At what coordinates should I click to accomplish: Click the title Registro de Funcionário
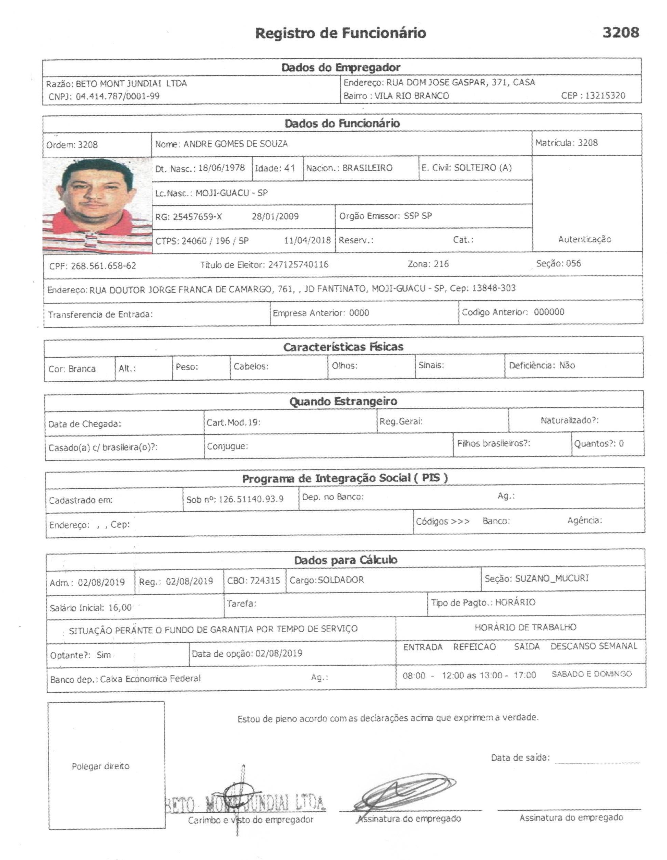[340, 33]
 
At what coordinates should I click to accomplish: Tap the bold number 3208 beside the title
[621, 32]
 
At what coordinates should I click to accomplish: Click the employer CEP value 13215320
[605, 96]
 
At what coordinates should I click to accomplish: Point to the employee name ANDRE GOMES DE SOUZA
[236, 144]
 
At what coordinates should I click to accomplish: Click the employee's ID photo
[97, 205]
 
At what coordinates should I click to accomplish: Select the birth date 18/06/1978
[221, 168]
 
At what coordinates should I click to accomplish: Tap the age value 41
[289, 168]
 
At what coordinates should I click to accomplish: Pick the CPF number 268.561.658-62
[104, 266]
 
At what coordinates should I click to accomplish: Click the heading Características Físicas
[343, 347]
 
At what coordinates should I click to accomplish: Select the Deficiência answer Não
[567, 366]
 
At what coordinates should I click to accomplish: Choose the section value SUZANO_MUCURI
[552, 578]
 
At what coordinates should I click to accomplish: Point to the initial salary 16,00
[120, 608]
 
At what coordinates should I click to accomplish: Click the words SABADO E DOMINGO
[592, 674]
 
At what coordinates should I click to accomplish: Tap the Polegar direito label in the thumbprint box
[100, 766]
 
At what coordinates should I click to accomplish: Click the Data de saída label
[520, 757]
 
